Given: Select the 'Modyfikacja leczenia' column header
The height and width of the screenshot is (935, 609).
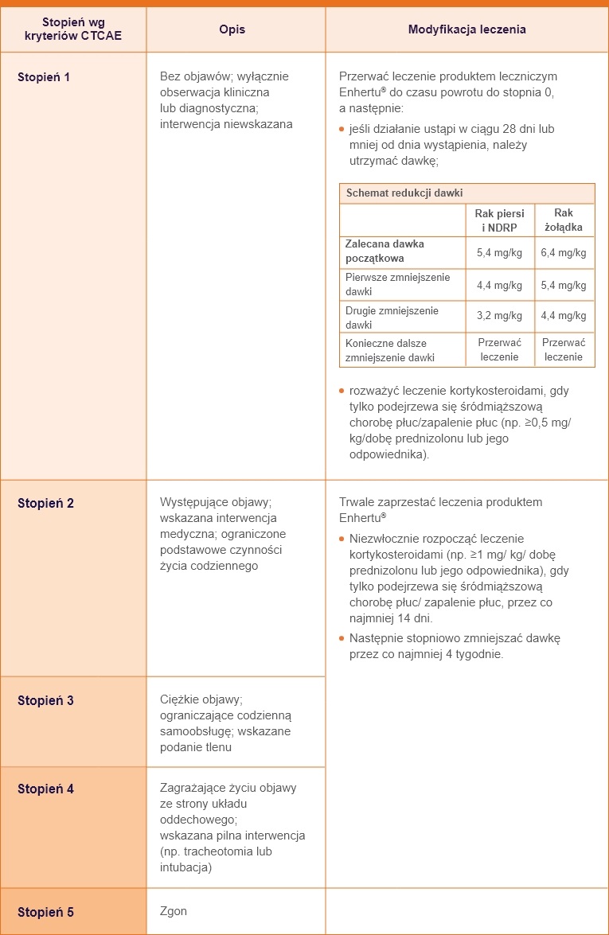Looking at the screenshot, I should pos(467,29).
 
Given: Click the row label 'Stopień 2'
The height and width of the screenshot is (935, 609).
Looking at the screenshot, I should pos(45,504).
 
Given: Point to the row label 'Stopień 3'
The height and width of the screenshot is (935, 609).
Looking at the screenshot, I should pos(45,701).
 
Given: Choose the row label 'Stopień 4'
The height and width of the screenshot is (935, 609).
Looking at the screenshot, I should pos(45,789).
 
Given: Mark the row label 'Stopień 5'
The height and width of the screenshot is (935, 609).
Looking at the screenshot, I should pos(45,912).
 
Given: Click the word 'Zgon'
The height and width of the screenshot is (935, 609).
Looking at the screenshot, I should pos(174,911).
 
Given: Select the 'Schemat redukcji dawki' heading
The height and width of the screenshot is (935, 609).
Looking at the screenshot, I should pos(404,193).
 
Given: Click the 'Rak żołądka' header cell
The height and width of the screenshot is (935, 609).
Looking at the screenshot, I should pos(564,220).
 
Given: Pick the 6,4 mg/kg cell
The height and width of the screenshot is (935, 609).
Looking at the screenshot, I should pos(564,252).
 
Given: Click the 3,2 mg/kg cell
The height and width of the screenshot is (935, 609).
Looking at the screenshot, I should pos(499,316).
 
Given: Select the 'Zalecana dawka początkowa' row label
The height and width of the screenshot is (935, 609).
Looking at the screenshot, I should pos(385,251).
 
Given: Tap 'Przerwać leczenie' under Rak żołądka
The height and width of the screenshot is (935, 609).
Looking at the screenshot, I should pos(564,349).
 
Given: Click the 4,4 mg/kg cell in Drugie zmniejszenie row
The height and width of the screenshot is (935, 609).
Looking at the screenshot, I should pos(564,316).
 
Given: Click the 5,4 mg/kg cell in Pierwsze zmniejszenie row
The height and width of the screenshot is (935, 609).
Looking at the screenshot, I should pos(564,285).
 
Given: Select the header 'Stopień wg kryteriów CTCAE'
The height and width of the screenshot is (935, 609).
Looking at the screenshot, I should pos(72,29).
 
